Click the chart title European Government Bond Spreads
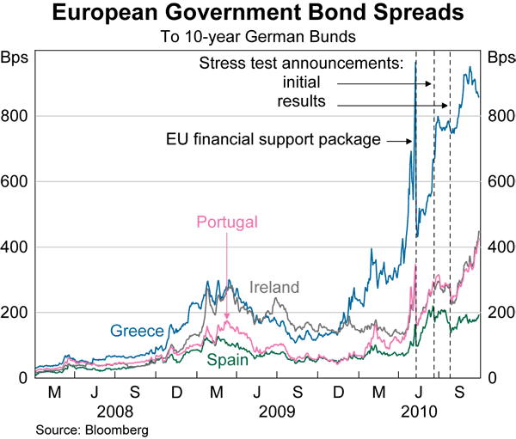click(257, 15)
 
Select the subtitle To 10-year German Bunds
click(257, 37)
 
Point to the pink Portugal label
click(227, 223)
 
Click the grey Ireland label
click(274, 288)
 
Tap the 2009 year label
click(276, 411)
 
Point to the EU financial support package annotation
click(273, 139)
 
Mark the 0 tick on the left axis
click(22, 378)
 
